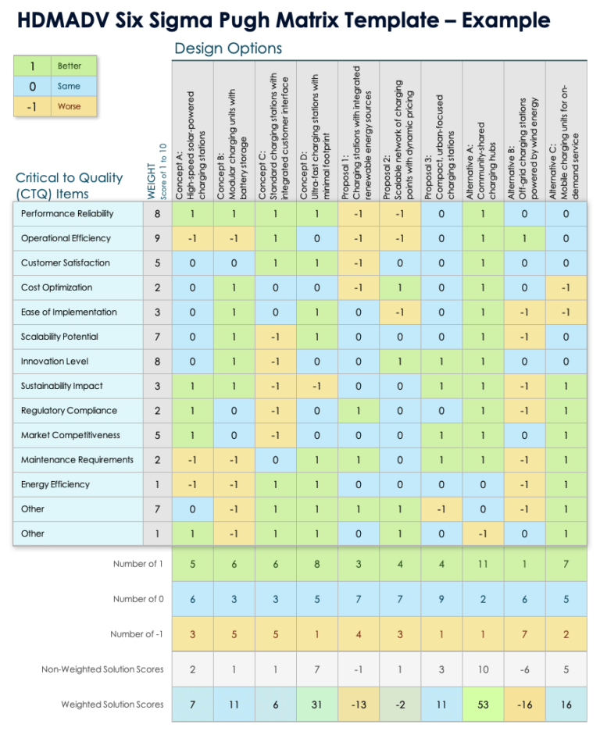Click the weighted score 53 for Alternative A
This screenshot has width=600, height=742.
point(483,705)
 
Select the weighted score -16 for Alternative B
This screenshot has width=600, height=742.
point(524,705)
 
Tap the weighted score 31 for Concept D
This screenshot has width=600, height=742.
point(317,705)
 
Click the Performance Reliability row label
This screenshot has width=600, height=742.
point(66,213)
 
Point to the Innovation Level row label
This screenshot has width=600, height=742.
point(55,361)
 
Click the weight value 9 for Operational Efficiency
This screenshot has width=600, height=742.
point(157,238)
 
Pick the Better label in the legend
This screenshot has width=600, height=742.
point(69,66)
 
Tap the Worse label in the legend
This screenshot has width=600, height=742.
point(69,107)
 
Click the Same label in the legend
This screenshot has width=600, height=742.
point(69,87)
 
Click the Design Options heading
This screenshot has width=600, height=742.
point(228,49)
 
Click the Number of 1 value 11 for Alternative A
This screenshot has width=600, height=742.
point(483,564)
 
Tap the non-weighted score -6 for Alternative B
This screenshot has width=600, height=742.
point(524,669)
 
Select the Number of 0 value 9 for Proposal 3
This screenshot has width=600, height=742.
point(441,599)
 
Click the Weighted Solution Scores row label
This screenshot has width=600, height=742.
point(112,705)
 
